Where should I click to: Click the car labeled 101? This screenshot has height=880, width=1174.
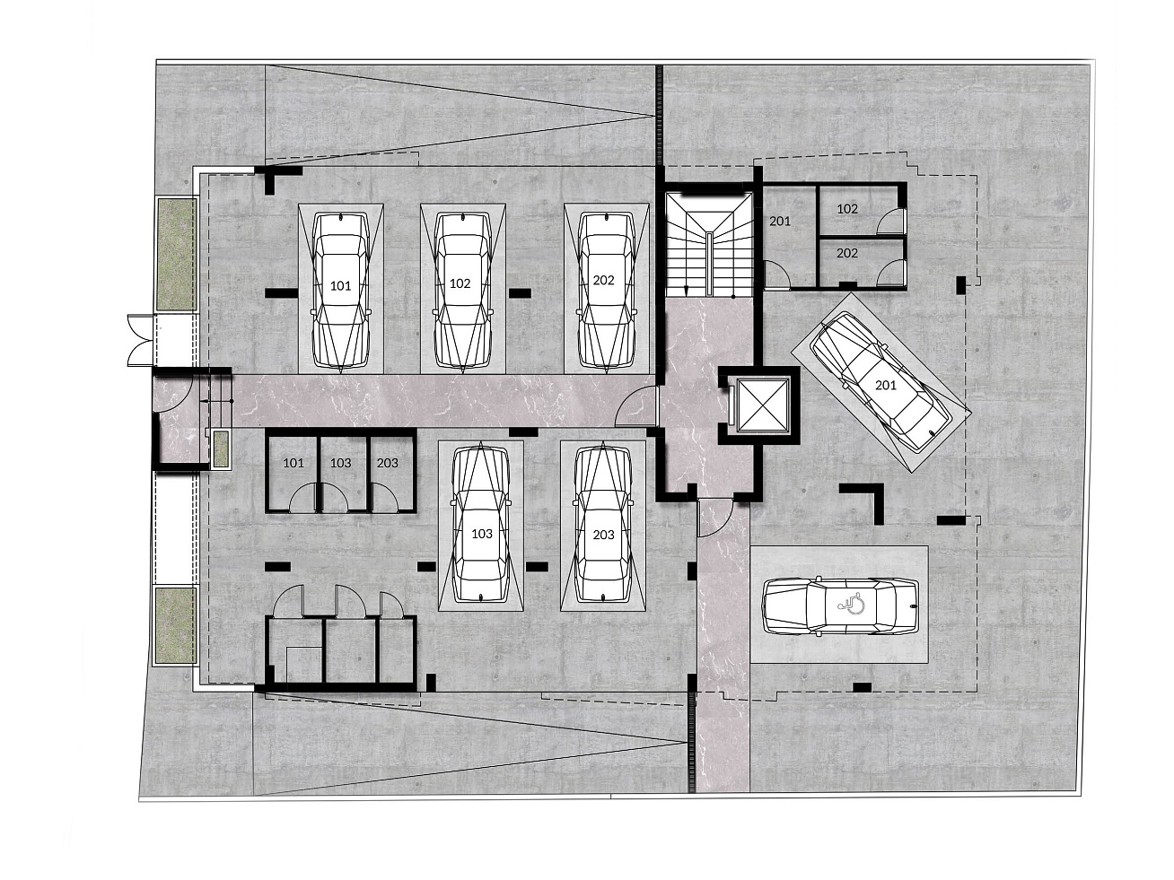coord(341,290)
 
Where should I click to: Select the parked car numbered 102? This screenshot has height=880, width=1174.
coord(462,290)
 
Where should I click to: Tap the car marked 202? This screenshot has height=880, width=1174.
coord(607,290)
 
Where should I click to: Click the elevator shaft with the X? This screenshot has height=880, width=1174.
coord(762,405)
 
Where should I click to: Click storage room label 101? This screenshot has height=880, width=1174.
coord(293,463)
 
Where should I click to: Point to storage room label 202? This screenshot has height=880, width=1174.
coord(846,253)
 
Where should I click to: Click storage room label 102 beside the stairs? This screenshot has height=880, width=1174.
coord(847,209)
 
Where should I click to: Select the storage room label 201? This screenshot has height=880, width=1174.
coord(780,221)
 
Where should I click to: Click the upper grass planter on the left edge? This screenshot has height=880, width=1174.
coord(176,254)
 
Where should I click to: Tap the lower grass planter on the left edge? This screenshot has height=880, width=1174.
coord(176,625)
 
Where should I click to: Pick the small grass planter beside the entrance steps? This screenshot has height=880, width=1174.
coord(221,449)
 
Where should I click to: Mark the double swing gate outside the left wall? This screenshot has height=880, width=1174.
coord(140,340)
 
